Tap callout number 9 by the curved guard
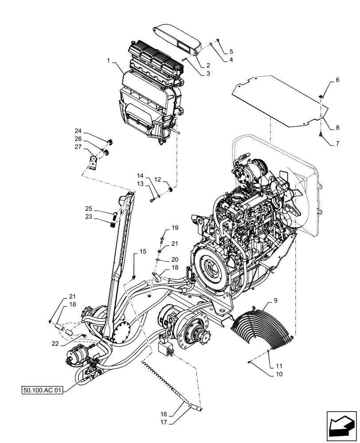pos(275,300)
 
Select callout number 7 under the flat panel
pos(337,144)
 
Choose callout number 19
pos(175,228)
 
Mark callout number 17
pos(164,422)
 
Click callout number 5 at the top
pos(231,52)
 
